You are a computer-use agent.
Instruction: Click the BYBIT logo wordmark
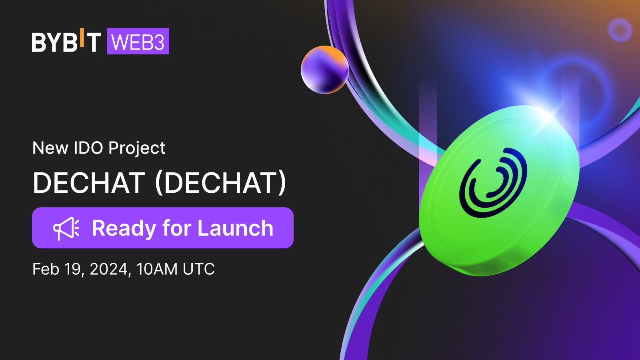point(66,42)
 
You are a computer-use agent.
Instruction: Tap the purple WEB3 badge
point(138,42)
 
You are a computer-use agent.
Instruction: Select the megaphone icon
point(66,228)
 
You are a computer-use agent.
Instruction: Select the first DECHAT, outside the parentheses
point(89,183)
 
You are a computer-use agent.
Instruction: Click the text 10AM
point(157,269)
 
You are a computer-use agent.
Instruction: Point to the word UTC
point(198,269)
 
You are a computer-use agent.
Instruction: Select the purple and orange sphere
point(324,70)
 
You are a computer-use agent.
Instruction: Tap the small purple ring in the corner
point(620,30)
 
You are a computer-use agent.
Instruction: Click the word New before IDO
point(50,148)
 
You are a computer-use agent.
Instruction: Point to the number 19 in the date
point(74,269)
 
